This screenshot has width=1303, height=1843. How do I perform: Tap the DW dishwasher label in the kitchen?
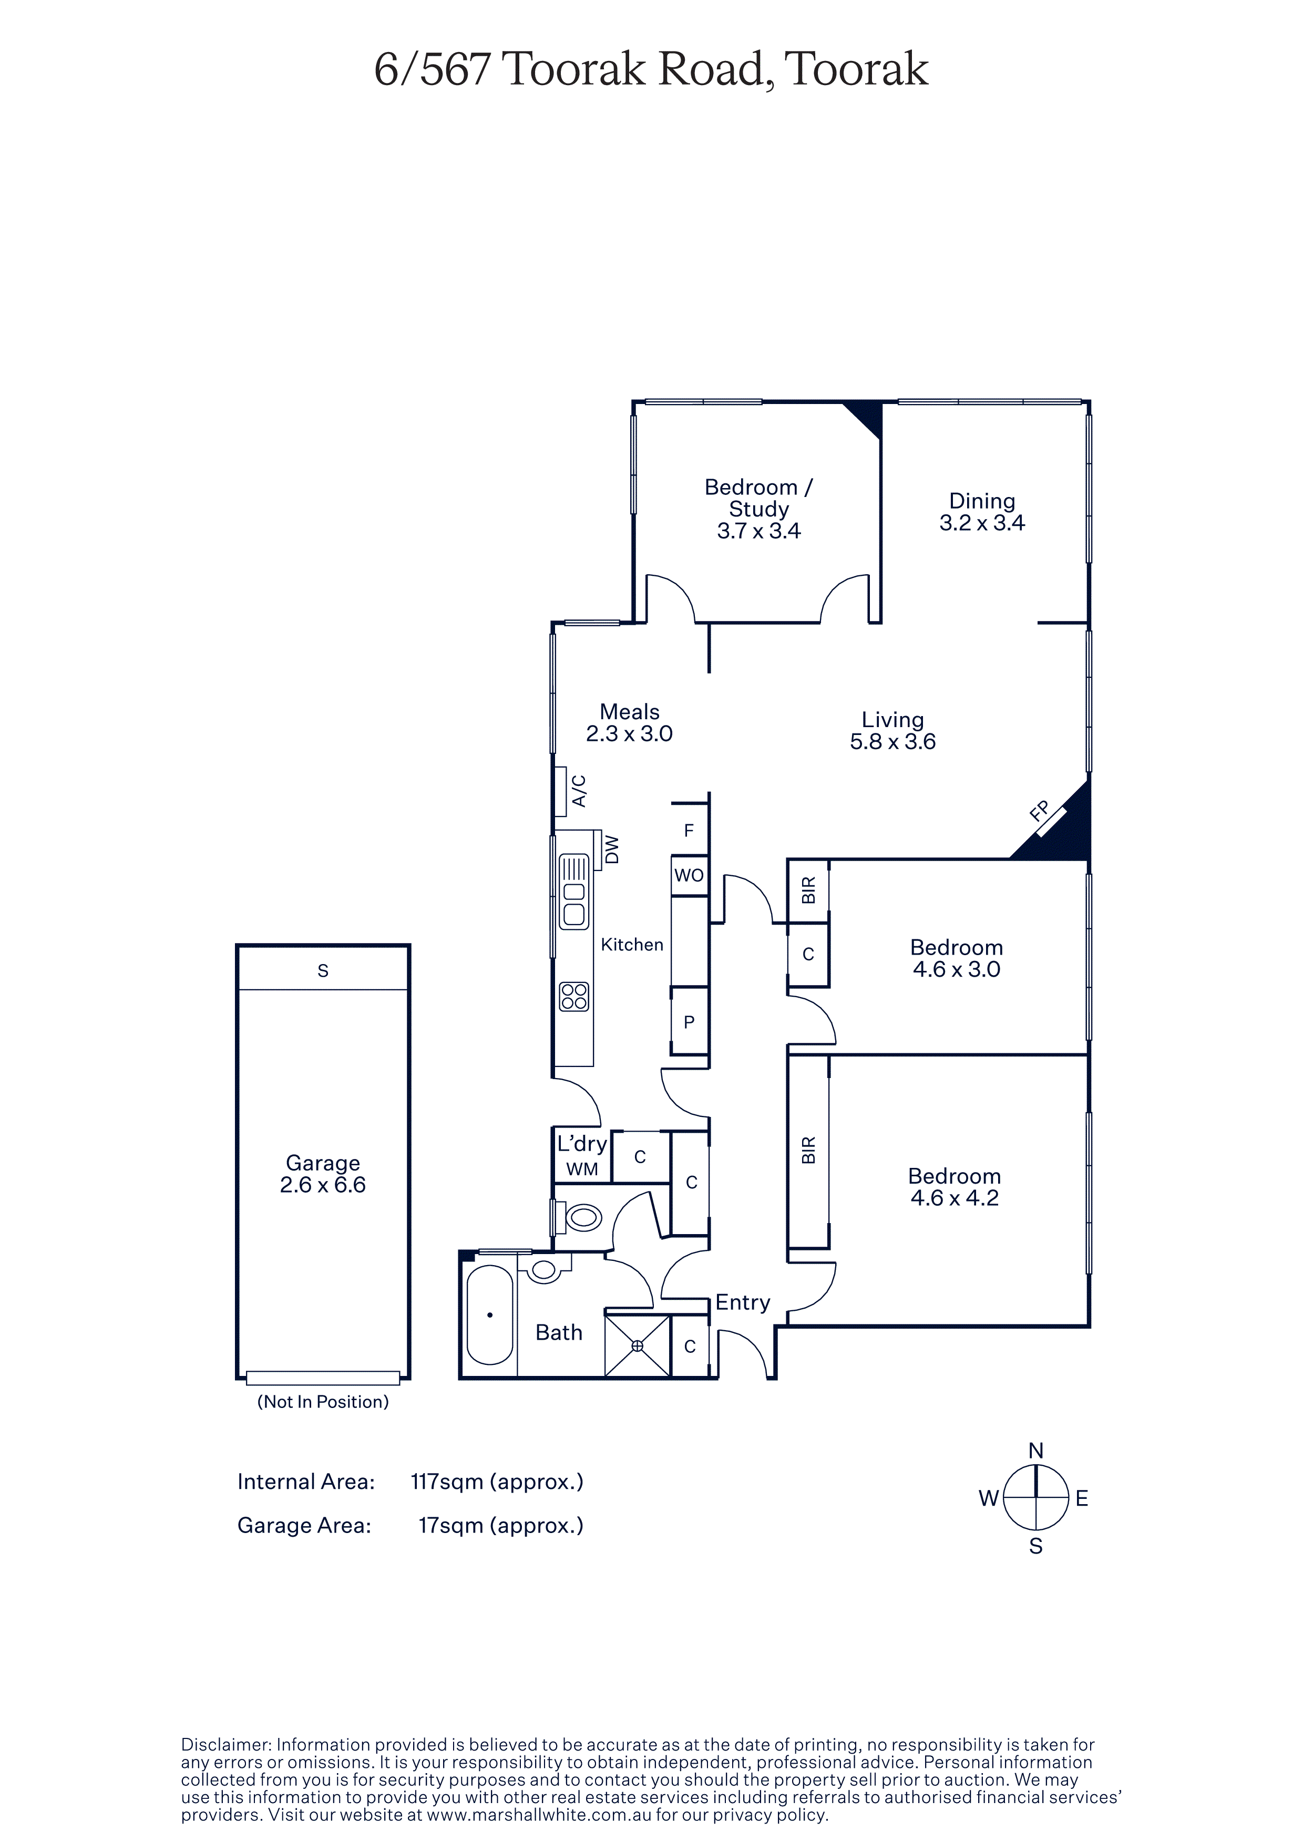(x=612, y=849)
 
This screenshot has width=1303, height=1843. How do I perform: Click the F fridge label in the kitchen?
(x=689, y=831)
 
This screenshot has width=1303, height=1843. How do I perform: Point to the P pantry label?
(x=689, y=1023)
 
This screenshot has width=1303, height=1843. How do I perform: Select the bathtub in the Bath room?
(x=489, y=1315)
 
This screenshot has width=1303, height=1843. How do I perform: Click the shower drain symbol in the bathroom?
(x=638, y=1346)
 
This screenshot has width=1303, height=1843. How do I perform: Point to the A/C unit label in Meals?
(x=579, y=791)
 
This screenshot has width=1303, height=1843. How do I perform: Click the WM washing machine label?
(x=582, y=1169)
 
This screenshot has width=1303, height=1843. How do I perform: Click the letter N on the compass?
(x=1035, y=1451)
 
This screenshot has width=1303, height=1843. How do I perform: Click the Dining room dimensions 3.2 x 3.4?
(x=982, y=523)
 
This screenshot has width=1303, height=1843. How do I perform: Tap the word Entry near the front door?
(x=743, y=1303)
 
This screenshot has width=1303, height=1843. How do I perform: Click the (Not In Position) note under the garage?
(x=323, y=1402)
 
